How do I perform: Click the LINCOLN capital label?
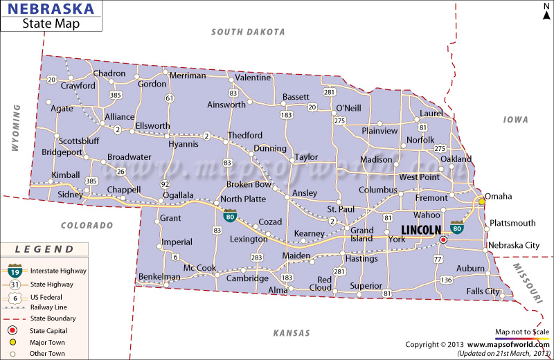[x=421, y=230]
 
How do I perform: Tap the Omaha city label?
[x=498, y=197]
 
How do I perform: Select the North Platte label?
[x=243, y=199]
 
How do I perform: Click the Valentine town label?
[x=253, y=78]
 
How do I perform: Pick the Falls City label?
[x=483, y=291]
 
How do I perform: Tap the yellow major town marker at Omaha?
[x=482, y=202]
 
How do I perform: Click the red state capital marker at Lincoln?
[x=443, y=240]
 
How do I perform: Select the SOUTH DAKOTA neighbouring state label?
[x=249, y=32]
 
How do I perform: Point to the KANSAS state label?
[x=292, y=333]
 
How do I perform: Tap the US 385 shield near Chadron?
[x=115, y=94]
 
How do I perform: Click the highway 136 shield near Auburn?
[x=447, y=280]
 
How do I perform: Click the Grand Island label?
[x=362, y=235]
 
